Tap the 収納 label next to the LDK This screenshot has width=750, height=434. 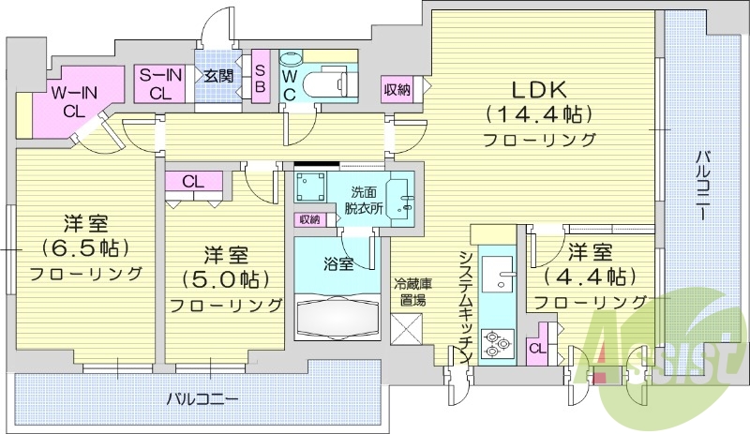coord(397,90)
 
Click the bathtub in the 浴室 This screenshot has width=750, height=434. coord(336,317)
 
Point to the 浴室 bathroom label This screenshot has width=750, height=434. coord(338,263)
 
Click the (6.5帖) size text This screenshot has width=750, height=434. coord(83,248)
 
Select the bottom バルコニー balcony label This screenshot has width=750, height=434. coord(202,397)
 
